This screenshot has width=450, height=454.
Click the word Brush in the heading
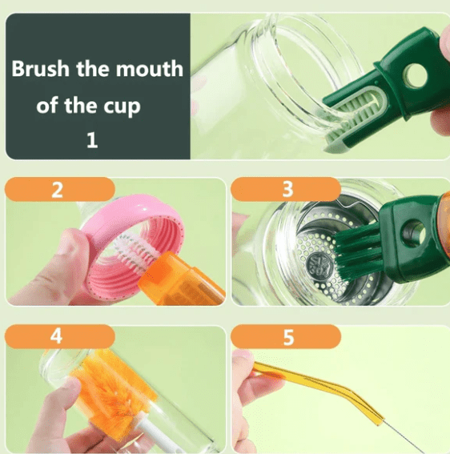(38, 69)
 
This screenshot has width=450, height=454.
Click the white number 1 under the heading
(91, 142)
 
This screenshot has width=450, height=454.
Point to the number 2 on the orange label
(56, 191)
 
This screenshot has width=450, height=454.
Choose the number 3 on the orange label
(288, 191)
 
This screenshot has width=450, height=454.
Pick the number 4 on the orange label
(56, 336)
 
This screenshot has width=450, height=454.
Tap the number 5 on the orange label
(288, 337)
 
